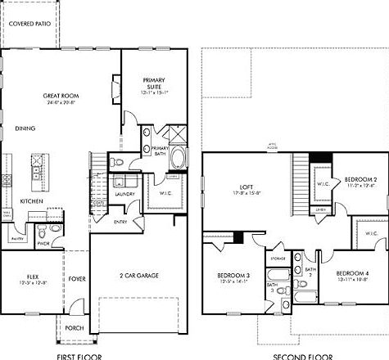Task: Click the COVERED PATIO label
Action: click(x=29, y=25)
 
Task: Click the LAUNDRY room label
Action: click(x=125, y=194)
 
